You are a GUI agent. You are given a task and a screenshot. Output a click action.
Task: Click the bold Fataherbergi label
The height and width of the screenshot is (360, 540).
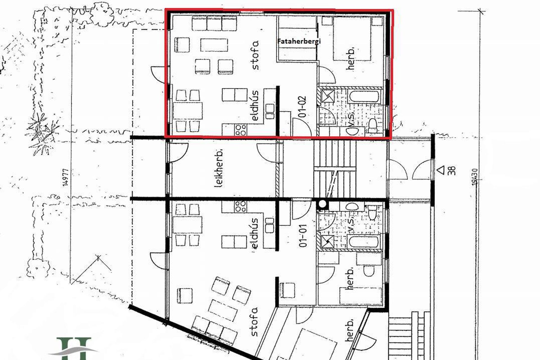pos(299,41)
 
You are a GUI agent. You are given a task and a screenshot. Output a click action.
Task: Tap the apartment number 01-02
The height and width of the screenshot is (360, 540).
pos(303,107)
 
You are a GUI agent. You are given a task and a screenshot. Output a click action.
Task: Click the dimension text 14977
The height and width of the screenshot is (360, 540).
pos(66,177)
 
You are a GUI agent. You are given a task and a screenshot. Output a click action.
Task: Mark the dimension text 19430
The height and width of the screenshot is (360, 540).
pos(475,177)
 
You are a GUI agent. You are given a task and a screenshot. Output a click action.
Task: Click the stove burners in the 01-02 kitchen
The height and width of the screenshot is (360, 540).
pos(241,130)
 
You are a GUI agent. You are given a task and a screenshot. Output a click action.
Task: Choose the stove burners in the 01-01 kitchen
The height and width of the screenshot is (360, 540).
pos(241,207)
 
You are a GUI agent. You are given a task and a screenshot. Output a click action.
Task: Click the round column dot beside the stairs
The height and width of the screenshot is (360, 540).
pos(322,204)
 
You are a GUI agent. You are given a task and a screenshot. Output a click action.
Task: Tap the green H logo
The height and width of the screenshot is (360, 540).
pos(74,349)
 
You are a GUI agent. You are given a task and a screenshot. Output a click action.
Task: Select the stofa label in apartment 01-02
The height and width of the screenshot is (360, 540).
pos(255,55)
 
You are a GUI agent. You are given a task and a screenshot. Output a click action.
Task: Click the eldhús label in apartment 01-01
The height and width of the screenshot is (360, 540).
pos(255,233)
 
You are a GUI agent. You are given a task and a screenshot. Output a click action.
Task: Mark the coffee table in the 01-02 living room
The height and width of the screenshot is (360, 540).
pos(214,45)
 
